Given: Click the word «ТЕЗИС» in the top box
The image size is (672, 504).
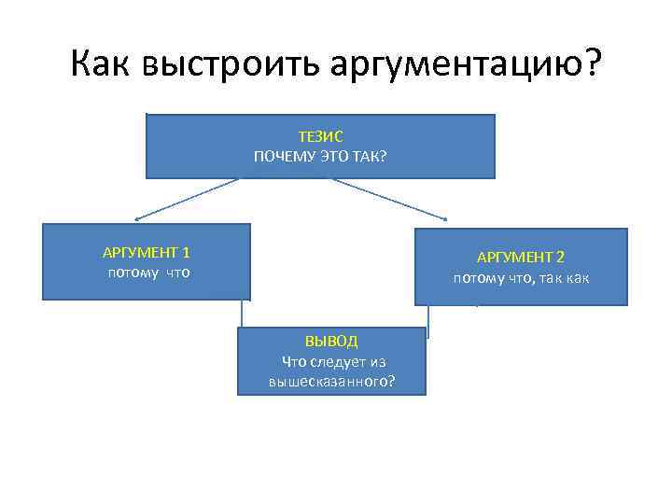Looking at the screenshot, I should (320, 137).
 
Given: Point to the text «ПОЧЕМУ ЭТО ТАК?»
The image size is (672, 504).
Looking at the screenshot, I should (320, 155).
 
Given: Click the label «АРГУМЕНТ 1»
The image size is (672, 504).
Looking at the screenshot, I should (146, 253).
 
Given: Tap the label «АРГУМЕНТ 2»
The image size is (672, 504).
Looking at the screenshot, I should (521, 258).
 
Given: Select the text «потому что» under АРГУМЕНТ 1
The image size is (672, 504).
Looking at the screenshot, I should (148, 273).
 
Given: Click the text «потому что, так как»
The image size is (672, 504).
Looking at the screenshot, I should (521, 278).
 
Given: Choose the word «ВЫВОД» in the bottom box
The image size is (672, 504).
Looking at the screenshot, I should (331, 342).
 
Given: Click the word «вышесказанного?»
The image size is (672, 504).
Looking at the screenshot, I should (331, 382).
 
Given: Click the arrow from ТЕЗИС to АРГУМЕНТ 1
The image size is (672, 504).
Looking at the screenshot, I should (187, 199).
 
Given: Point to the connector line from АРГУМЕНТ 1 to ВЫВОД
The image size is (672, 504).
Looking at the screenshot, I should (245, 314).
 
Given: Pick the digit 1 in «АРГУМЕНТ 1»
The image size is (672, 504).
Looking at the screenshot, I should (187, 253).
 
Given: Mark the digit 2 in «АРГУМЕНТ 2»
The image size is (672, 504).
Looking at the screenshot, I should (561, 258).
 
